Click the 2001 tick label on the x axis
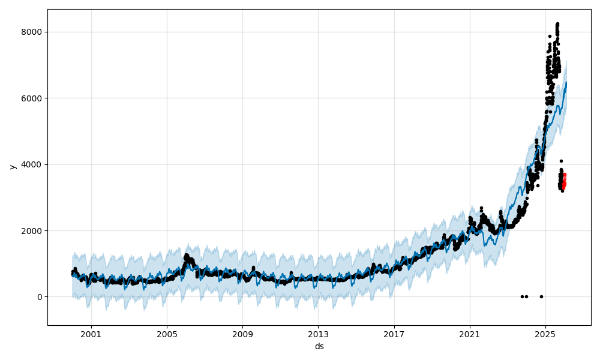pyautogui.click(x=91, y=335)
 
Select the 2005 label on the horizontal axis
pyautogui.click(x=167, y=335)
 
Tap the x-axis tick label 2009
pyautogui.click(x=242, y=335)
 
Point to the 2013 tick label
pyautogui.click(x=319, y=335)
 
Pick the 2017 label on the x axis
pyautogui.click(x=394, y=335)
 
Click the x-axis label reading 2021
pyautogui.click(x=470, y=335)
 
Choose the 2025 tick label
pyautogui.click(x=545, y=335)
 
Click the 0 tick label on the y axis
pyautogui.click(x=40, y=297)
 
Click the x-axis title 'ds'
pyautogui.click(x=319, y=346)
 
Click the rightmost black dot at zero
pyautogui.click(x=541, y=296)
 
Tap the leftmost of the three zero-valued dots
pyautogui.click(x=522, y=296)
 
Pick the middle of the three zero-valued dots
pyautogui.click(x=526, y=296)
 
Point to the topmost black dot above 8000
pyautogui.click(x=557, y=24)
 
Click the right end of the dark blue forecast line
pyautogui.click(x=566, y=83)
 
